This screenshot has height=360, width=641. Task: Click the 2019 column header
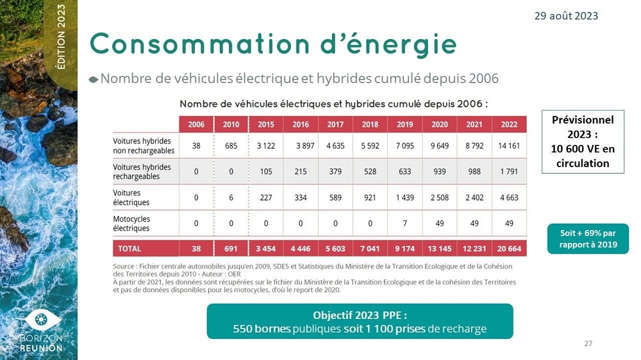click(x=404, y=124)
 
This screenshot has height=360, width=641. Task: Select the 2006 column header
click(x=196, y=124)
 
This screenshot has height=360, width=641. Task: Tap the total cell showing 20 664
click(x=509, y=248)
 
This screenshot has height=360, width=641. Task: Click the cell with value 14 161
click(x=509, y=145)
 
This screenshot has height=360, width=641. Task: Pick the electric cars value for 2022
click(x=509, y=197)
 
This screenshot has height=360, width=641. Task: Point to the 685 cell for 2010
click(x=231, y=145)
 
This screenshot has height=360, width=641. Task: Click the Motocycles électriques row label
click(x=131, y=223)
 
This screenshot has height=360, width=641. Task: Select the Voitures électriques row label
click(x=131, y=197)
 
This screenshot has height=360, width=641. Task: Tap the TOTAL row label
click(x=129, y=248)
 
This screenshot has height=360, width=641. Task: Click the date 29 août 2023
click(x=566, y=15)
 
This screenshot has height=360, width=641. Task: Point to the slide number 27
click(x=588, y=344)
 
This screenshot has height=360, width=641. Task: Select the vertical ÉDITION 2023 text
click(x=61, y=37)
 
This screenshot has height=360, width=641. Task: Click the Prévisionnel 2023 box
click(x=582, y=142)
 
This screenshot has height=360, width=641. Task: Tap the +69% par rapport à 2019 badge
click(x=588, y=238)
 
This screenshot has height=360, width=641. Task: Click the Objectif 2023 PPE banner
click(x=360, y=322)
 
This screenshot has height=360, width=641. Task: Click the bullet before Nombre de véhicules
click(x=94, y=79)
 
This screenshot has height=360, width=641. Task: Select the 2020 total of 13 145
click(x=439, y=248)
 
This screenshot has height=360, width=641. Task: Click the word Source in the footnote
click(x=124, y=265)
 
